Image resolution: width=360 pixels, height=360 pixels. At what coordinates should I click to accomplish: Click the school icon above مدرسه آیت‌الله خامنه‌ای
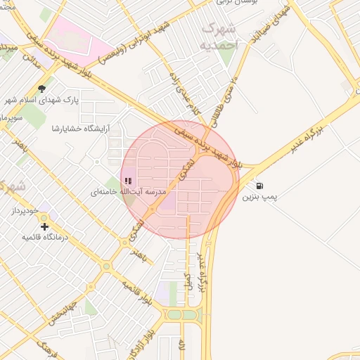tap(127, 181)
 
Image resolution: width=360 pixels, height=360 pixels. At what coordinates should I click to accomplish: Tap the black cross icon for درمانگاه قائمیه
tap(45, 226)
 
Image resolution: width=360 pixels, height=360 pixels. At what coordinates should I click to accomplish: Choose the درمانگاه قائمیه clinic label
tap(45, 238)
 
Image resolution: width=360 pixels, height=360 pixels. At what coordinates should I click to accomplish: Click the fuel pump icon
tap(260, 186)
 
